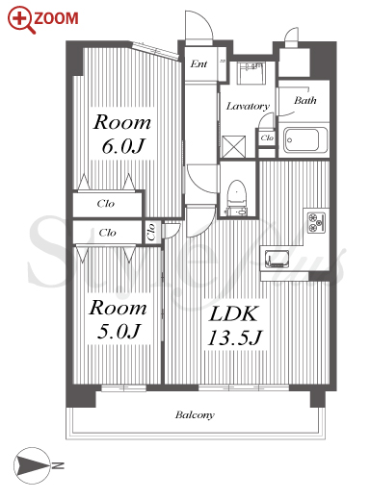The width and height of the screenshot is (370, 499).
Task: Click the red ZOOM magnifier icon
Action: (21, 19)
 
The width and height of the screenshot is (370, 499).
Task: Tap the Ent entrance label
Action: (198, 64)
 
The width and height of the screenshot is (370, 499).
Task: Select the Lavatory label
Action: (248, 106)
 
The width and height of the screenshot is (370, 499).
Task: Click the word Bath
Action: (304, 100)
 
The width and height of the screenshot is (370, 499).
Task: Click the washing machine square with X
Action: (233, 146)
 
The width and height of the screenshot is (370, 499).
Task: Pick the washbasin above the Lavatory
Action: (251, 73)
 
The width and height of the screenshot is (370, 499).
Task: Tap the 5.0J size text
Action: (119, 332)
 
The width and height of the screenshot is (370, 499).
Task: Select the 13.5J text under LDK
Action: (235, 337)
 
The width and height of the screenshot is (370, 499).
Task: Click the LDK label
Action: (233, 313)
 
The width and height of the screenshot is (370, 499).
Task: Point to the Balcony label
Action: (195, 415)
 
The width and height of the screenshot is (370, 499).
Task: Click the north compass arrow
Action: (32, 465)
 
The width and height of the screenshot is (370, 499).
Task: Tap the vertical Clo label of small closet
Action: (151, 232)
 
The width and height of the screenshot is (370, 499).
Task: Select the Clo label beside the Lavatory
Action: (267, 137)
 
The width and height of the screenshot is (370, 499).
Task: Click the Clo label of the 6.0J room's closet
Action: (106, 204)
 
